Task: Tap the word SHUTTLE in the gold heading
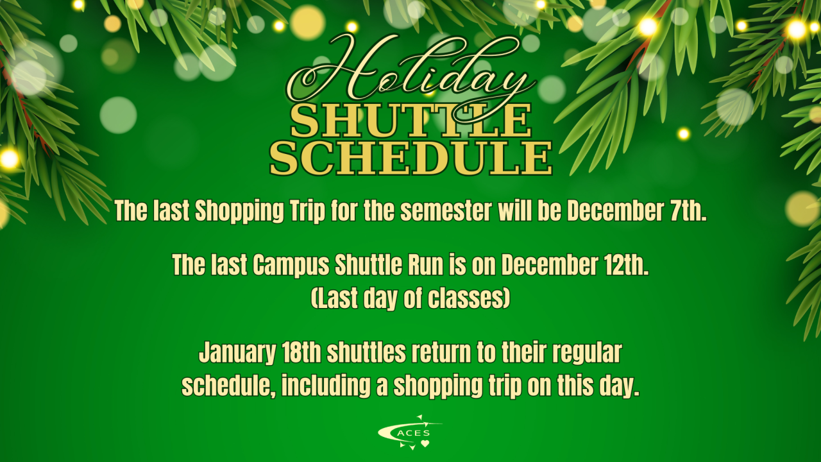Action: tap(411, 121)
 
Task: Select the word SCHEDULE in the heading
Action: tap(411, 158)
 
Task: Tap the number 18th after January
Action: tap(301, 352)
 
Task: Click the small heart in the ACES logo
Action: tap(425, 443)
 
